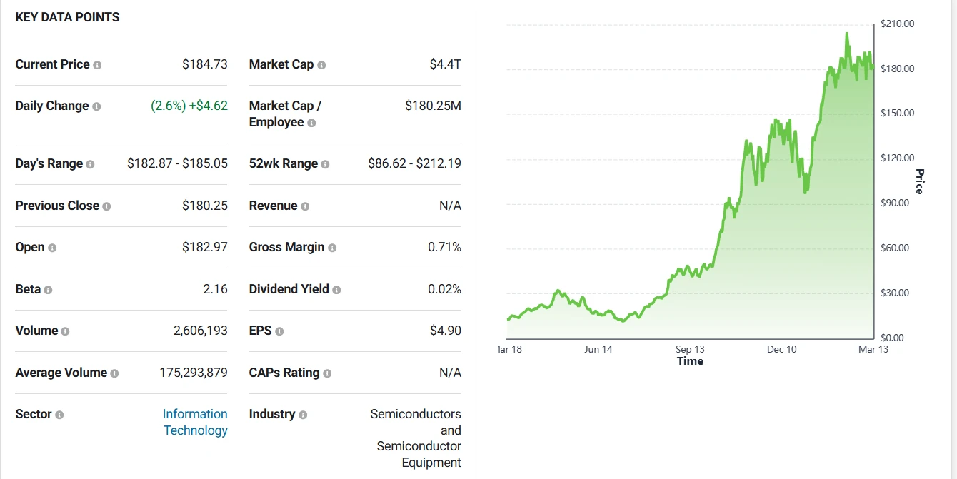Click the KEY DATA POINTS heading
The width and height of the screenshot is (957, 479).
pyautogui.click(x=67, y=17)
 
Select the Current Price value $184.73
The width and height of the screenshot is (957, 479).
pyautogui.click(x=204, y=64)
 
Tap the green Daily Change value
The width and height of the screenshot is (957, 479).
pyautogui.click(x=189, y=106)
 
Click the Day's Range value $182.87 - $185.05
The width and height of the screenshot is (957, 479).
pyautogui.click(x=177, y=163)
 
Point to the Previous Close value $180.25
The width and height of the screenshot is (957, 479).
pyautogui.click(x=204, y=206)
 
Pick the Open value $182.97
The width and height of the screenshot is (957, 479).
pyautogui.click(x=204, y=247)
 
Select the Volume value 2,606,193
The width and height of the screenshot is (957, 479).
pyautogui.click(x=200, y=331)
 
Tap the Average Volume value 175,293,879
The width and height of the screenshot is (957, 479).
pyautogui.click(x=194, y=373)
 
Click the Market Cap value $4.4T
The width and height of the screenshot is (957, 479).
pyautogui.click(x=445, y=64)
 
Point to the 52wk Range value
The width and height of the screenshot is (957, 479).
pyautogui.click(x=414, y=163)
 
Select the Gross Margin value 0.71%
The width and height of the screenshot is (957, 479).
pyautogui.click(x=444, y=247)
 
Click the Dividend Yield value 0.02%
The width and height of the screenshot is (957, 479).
pyautogui.click(x=444, y=289)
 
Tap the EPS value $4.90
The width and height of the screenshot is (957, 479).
pyautogui.click(x=445, y=331)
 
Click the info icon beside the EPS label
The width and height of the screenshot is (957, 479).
pyautogui.click(x=279, y=331)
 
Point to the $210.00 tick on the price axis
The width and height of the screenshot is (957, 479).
pyautogui.click(x=897, y=24)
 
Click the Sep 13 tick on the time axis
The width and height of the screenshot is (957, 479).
pyautogui.click(x=690, y=349)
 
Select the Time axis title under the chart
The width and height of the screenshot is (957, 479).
pyautogui.click(x=690, y=361)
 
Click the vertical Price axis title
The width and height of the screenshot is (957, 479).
pyautogui.click(x=919, y=181)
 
